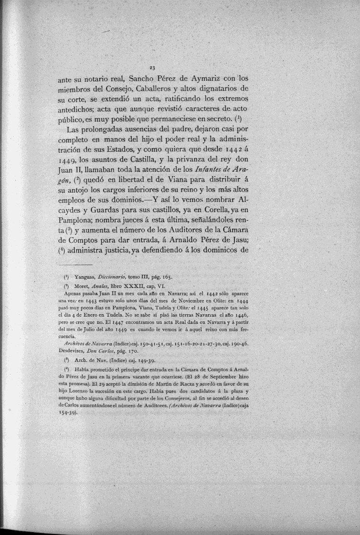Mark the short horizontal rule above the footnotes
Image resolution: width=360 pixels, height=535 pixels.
[78, 266]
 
